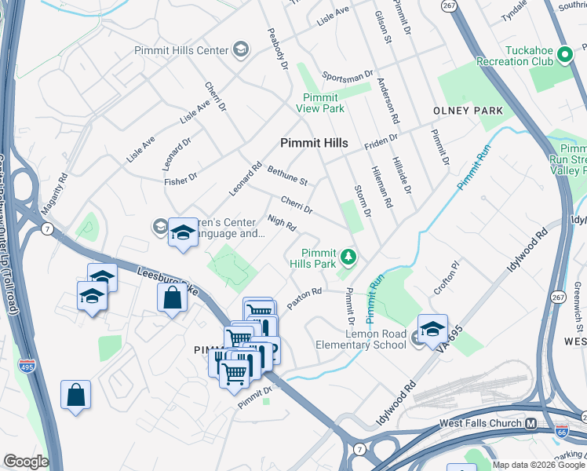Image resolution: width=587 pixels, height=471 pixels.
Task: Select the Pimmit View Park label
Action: point(319,103)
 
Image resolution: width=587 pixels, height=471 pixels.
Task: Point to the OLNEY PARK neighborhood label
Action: point(468,111)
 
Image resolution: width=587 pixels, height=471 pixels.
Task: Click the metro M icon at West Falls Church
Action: point(531,424)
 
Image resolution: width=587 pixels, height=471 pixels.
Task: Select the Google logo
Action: point(25,462)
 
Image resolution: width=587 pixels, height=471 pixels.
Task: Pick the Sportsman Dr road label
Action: point(348,76)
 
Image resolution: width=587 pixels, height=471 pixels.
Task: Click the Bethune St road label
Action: point(286,176)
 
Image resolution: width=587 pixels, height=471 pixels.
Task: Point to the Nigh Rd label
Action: point(281,224)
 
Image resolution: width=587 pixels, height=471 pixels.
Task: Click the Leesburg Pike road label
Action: point(168,280)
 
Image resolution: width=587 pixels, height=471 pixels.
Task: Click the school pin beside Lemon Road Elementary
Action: point(432,330)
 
